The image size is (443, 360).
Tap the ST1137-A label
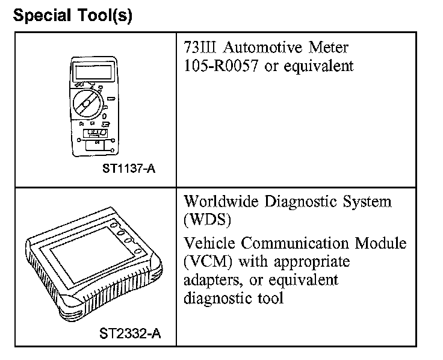129,169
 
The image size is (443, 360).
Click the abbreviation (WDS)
207,220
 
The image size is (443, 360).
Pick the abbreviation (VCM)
207,262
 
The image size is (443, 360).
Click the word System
370,201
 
